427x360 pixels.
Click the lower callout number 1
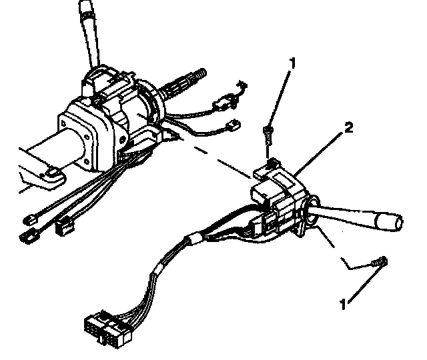tap(343, 303)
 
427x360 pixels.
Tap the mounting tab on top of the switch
tap(270, 164)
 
